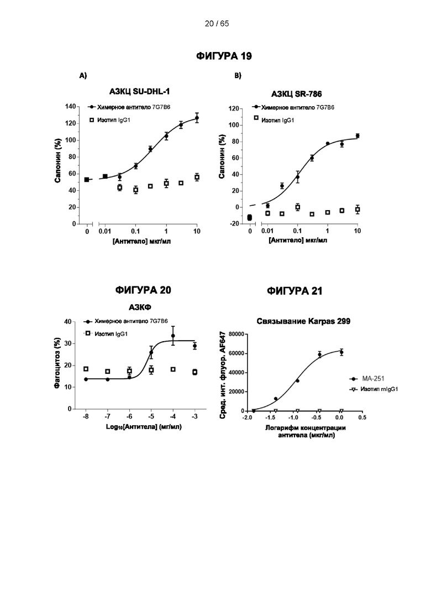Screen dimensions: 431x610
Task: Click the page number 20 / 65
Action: coord(217,24)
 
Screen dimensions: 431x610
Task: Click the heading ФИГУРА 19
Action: coord(224,56)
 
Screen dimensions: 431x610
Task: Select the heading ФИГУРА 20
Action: coord(143,290)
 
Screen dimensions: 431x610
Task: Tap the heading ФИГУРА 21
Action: coord(295,291)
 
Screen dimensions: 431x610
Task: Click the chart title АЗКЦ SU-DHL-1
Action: coord(139,92)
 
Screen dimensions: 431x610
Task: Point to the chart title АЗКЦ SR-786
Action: coord(297,94)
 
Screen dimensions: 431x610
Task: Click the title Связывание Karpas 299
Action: coord(303,321)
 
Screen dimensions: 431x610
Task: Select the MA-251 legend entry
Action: coord(367,378)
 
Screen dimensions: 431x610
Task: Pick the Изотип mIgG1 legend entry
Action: coord(374,389)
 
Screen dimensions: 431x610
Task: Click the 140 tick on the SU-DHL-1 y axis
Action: coord(70,107)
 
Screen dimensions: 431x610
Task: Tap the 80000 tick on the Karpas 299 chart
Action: coord(236,334)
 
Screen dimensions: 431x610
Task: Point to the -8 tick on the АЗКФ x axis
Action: coord(86,416)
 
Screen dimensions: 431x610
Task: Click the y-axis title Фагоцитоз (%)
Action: coord(57,363)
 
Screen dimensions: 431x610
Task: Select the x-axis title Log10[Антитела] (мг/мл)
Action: coord(144,427)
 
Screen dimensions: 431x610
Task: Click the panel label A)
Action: coord(83,75)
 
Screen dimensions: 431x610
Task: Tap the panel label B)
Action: coord(238,75)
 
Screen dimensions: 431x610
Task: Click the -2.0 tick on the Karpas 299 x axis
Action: coord(247,418)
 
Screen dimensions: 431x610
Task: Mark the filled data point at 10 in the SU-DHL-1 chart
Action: coord(197,118)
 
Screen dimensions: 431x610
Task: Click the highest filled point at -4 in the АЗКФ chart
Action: coord(173,336)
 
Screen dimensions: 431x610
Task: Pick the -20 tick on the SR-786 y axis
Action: coord(234,223)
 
